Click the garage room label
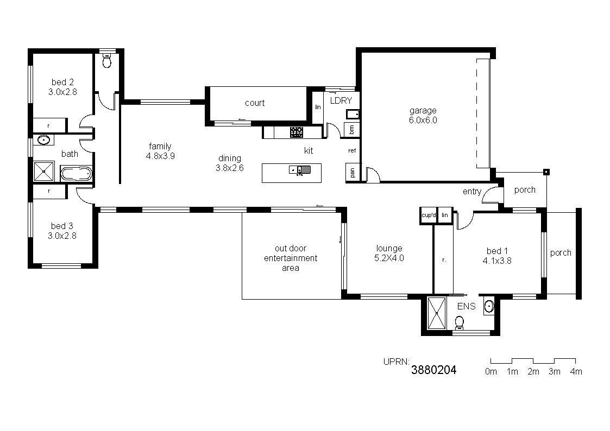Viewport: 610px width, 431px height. click(423, 111)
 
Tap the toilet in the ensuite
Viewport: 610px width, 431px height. click(460, 322)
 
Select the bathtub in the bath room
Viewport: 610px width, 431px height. click(76, 174)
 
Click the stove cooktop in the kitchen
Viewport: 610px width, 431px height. click(297, 132)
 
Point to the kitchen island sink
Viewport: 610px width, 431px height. click(300, 170)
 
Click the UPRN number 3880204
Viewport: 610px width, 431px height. click(434, 370)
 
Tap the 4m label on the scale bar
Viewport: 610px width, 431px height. click(576, 371)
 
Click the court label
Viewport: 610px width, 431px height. click(255, 103)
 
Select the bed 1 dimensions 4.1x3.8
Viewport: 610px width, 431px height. click(497, 261)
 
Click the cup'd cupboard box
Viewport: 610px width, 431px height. click(429, 215)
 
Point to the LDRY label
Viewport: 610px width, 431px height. click(341, 100)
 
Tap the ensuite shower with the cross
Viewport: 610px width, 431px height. click(437, 313)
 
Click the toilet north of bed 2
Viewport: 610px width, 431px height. click(107, 61)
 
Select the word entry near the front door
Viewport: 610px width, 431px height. click(472, 192)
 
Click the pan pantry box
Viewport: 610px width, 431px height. click(353, 172)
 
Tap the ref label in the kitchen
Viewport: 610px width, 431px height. click(352, 150)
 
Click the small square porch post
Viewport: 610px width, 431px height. click(546, 172)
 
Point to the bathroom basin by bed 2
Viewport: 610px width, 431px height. click(43, 140)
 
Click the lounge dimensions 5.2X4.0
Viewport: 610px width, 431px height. click(389, 258)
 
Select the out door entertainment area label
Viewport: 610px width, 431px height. click(291, 258)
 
